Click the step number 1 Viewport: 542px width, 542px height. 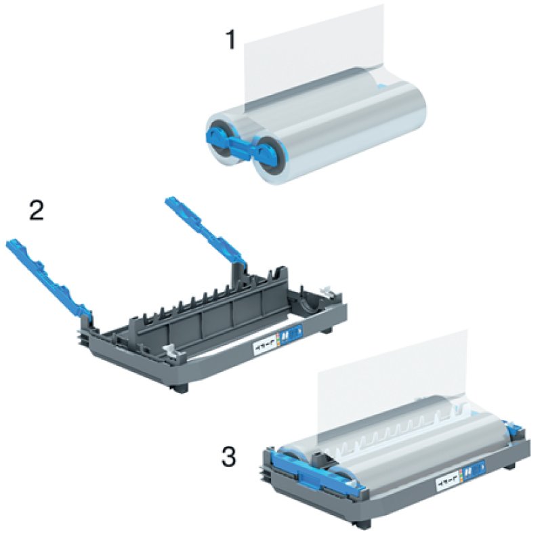tap(231, 40)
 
